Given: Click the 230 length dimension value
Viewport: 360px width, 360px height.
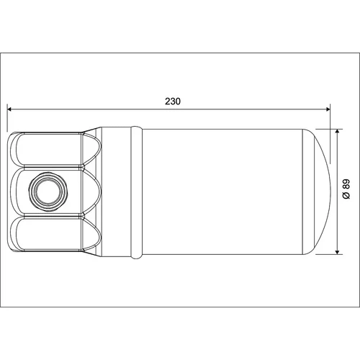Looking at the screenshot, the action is [173, 102].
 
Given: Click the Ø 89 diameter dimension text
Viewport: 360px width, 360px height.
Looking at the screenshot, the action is [346, 189].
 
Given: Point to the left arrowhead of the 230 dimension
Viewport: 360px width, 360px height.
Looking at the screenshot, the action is [9, 109].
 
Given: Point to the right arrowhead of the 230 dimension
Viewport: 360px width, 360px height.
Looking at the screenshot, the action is [328, 109].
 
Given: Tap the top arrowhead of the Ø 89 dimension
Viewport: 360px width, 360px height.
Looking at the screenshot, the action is [338, 131].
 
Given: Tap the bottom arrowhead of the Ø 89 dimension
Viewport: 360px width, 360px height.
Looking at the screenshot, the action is [338, 251].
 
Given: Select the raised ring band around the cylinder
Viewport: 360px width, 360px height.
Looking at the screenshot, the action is [137, 192].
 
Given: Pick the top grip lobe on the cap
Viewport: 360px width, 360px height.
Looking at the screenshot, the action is [55, 149].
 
